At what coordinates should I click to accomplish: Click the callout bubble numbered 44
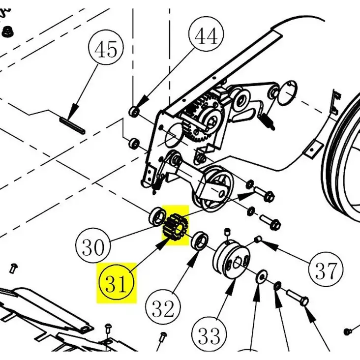click(x=207, y=35)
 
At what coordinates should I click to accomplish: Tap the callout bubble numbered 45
click(x=106, y=51)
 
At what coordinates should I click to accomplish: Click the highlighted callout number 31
click(x=117, y=284)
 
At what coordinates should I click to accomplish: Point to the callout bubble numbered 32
click(x=163, y=309)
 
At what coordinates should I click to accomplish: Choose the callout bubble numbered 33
click(x=210, y=336)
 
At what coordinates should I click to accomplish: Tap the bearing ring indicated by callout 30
click(x=157, y=216)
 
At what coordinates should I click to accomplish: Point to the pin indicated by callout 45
click(x=72, y=125)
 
